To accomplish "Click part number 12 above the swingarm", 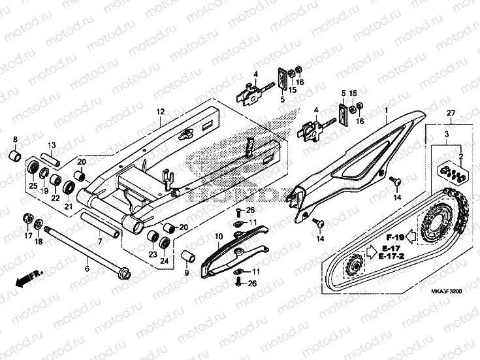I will click(159, 112).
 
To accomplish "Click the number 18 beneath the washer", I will click(39, 242).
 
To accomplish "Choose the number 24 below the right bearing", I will click(165, 261).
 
